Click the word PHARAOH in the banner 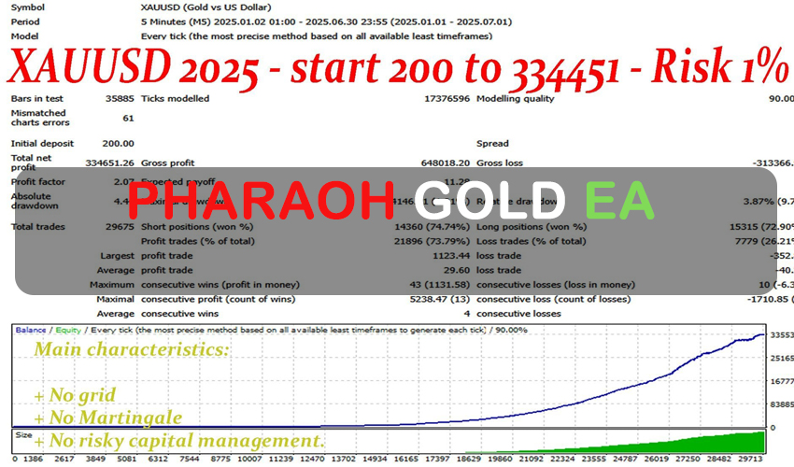pos(261,201)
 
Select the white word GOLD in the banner pos(490,201)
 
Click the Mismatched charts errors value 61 pos(127,119)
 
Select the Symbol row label pos(29,7)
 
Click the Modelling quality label pos(517,98)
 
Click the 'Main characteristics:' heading pos(132,350)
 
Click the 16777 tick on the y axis pos(781,382)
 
